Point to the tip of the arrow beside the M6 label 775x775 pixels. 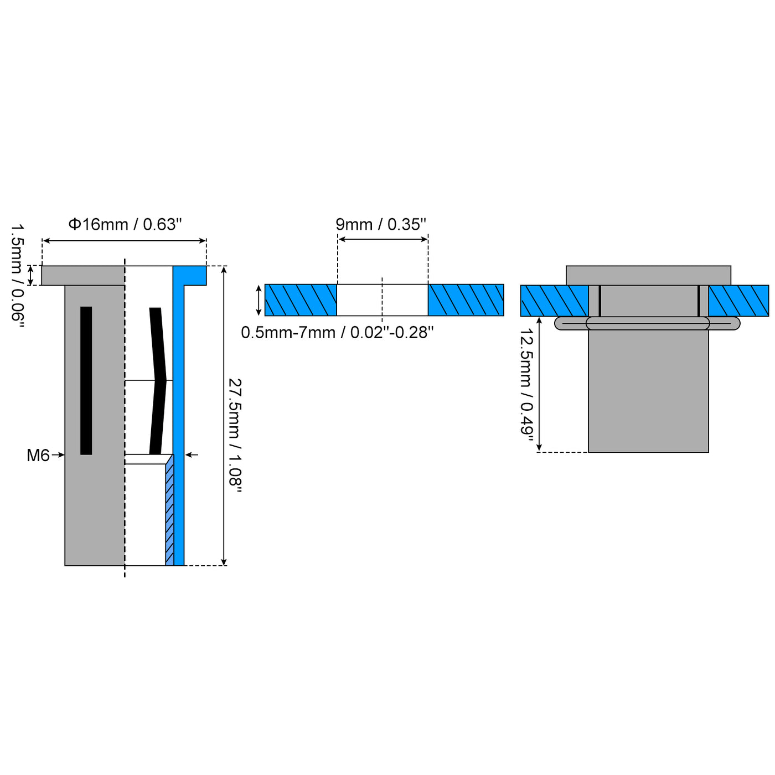click(64, 455)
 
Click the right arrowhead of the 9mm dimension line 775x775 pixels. click(427, 239)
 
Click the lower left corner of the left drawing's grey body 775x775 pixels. click(65, 565)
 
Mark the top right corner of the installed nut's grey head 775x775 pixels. click(731, 266)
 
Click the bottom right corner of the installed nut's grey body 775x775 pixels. click(708, 452)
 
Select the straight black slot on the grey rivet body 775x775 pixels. click(86, 380)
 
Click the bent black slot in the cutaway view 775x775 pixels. click(158, 381)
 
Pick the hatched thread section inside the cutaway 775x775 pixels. click(170, 509)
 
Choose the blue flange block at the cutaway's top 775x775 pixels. click(189, 276)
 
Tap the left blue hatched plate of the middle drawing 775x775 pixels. click(301, 300)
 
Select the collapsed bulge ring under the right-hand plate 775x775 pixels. click(647, 323)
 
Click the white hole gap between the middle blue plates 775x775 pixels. click(382, 300)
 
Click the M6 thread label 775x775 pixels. click(38, 455)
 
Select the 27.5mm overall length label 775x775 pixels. click(235, 435)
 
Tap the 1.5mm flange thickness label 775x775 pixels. click(18, 276)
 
